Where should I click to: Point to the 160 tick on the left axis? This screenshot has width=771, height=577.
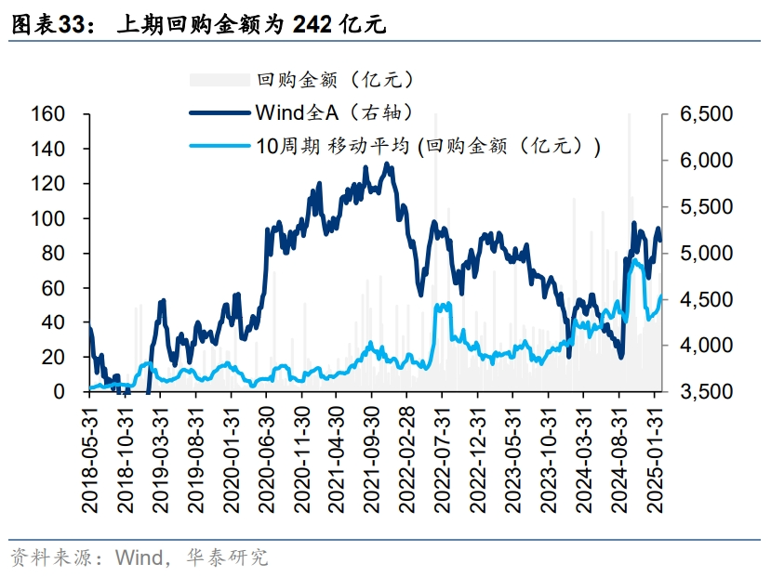click(x=47, y=114)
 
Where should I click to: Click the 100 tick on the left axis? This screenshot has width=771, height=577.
click(x=47, y=218)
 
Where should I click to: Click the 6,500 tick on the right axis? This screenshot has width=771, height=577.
click(x=706, y=114)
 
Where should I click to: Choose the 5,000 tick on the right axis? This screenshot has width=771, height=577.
click(x=706, y=254)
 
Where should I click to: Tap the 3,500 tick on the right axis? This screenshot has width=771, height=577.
click(x=706, y=392)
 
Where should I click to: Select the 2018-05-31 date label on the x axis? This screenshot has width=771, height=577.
click(x=90, y=456)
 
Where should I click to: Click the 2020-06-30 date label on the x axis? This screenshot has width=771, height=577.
click(x=265, y=456)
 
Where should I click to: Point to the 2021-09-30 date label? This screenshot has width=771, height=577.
click(x=370, y=456)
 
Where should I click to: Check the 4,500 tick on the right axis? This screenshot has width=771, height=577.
click(x=706, y=300)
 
